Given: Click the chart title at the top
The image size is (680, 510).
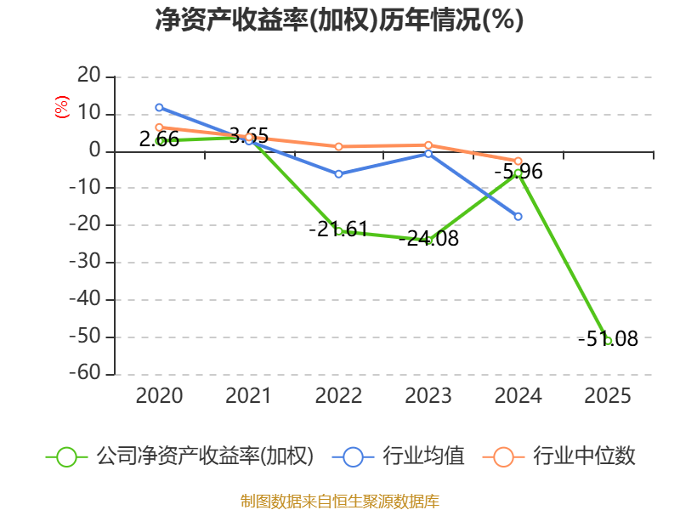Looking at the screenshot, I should tap(339, 20).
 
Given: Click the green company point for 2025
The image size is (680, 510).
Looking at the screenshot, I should tap(608, 340).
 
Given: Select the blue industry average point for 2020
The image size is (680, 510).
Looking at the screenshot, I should tap(159, 107).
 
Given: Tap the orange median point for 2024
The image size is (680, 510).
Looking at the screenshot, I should tap(518, 161).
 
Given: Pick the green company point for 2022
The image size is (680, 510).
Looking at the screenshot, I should tap(338, 230).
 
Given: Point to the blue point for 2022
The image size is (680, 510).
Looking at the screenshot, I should tap(338, 173).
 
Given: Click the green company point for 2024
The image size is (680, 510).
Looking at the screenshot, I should tap(518, 173).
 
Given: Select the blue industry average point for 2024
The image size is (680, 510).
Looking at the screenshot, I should tap(518, 216).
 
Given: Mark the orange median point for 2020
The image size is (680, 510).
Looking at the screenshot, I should tap(159, 127).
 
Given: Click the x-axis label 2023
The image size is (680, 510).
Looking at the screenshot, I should tap(428, 395).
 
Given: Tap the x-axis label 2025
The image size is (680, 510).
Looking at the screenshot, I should tap(608, 395).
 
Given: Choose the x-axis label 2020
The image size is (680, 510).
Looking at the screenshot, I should tap(159, 395).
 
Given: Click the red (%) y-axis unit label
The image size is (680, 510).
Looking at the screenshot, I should tap(61, 108).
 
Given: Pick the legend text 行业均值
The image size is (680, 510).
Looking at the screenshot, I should tap(423, 456).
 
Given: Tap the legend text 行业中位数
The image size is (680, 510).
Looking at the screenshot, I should tap(583, 456).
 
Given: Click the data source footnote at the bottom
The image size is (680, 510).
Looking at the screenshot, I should tap(339, 501).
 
